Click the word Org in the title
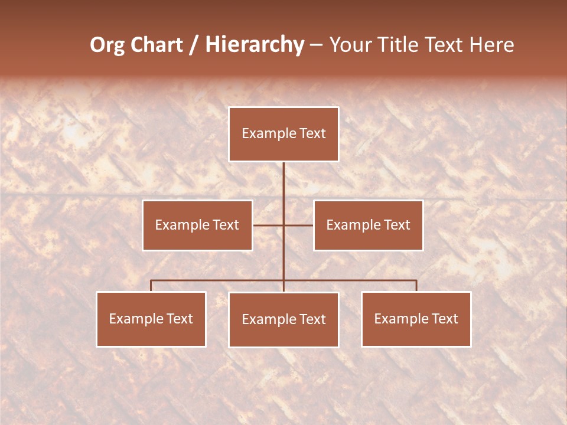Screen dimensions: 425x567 tap(108, 45)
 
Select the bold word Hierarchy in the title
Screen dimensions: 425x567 tap(255, 45)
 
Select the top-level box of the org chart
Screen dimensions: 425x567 tap(283, 134)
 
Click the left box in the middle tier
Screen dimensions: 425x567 tap(197, 225)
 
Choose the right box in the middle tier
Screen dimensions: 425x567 tap(368, 225)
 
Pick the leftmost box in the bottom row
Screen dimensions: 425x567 tap(151, 319)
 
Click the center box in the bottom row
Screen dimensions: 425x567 tap(283, 319)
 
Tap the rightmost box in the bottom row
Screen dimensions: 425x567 tap(416, 319)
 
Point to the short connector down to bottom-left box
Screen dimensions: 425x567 tap(151, 286)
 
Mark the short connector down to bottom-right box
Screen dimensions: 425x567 tap(416, 286)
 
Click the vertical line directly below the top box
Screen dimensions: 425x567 tap(283, 183)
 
